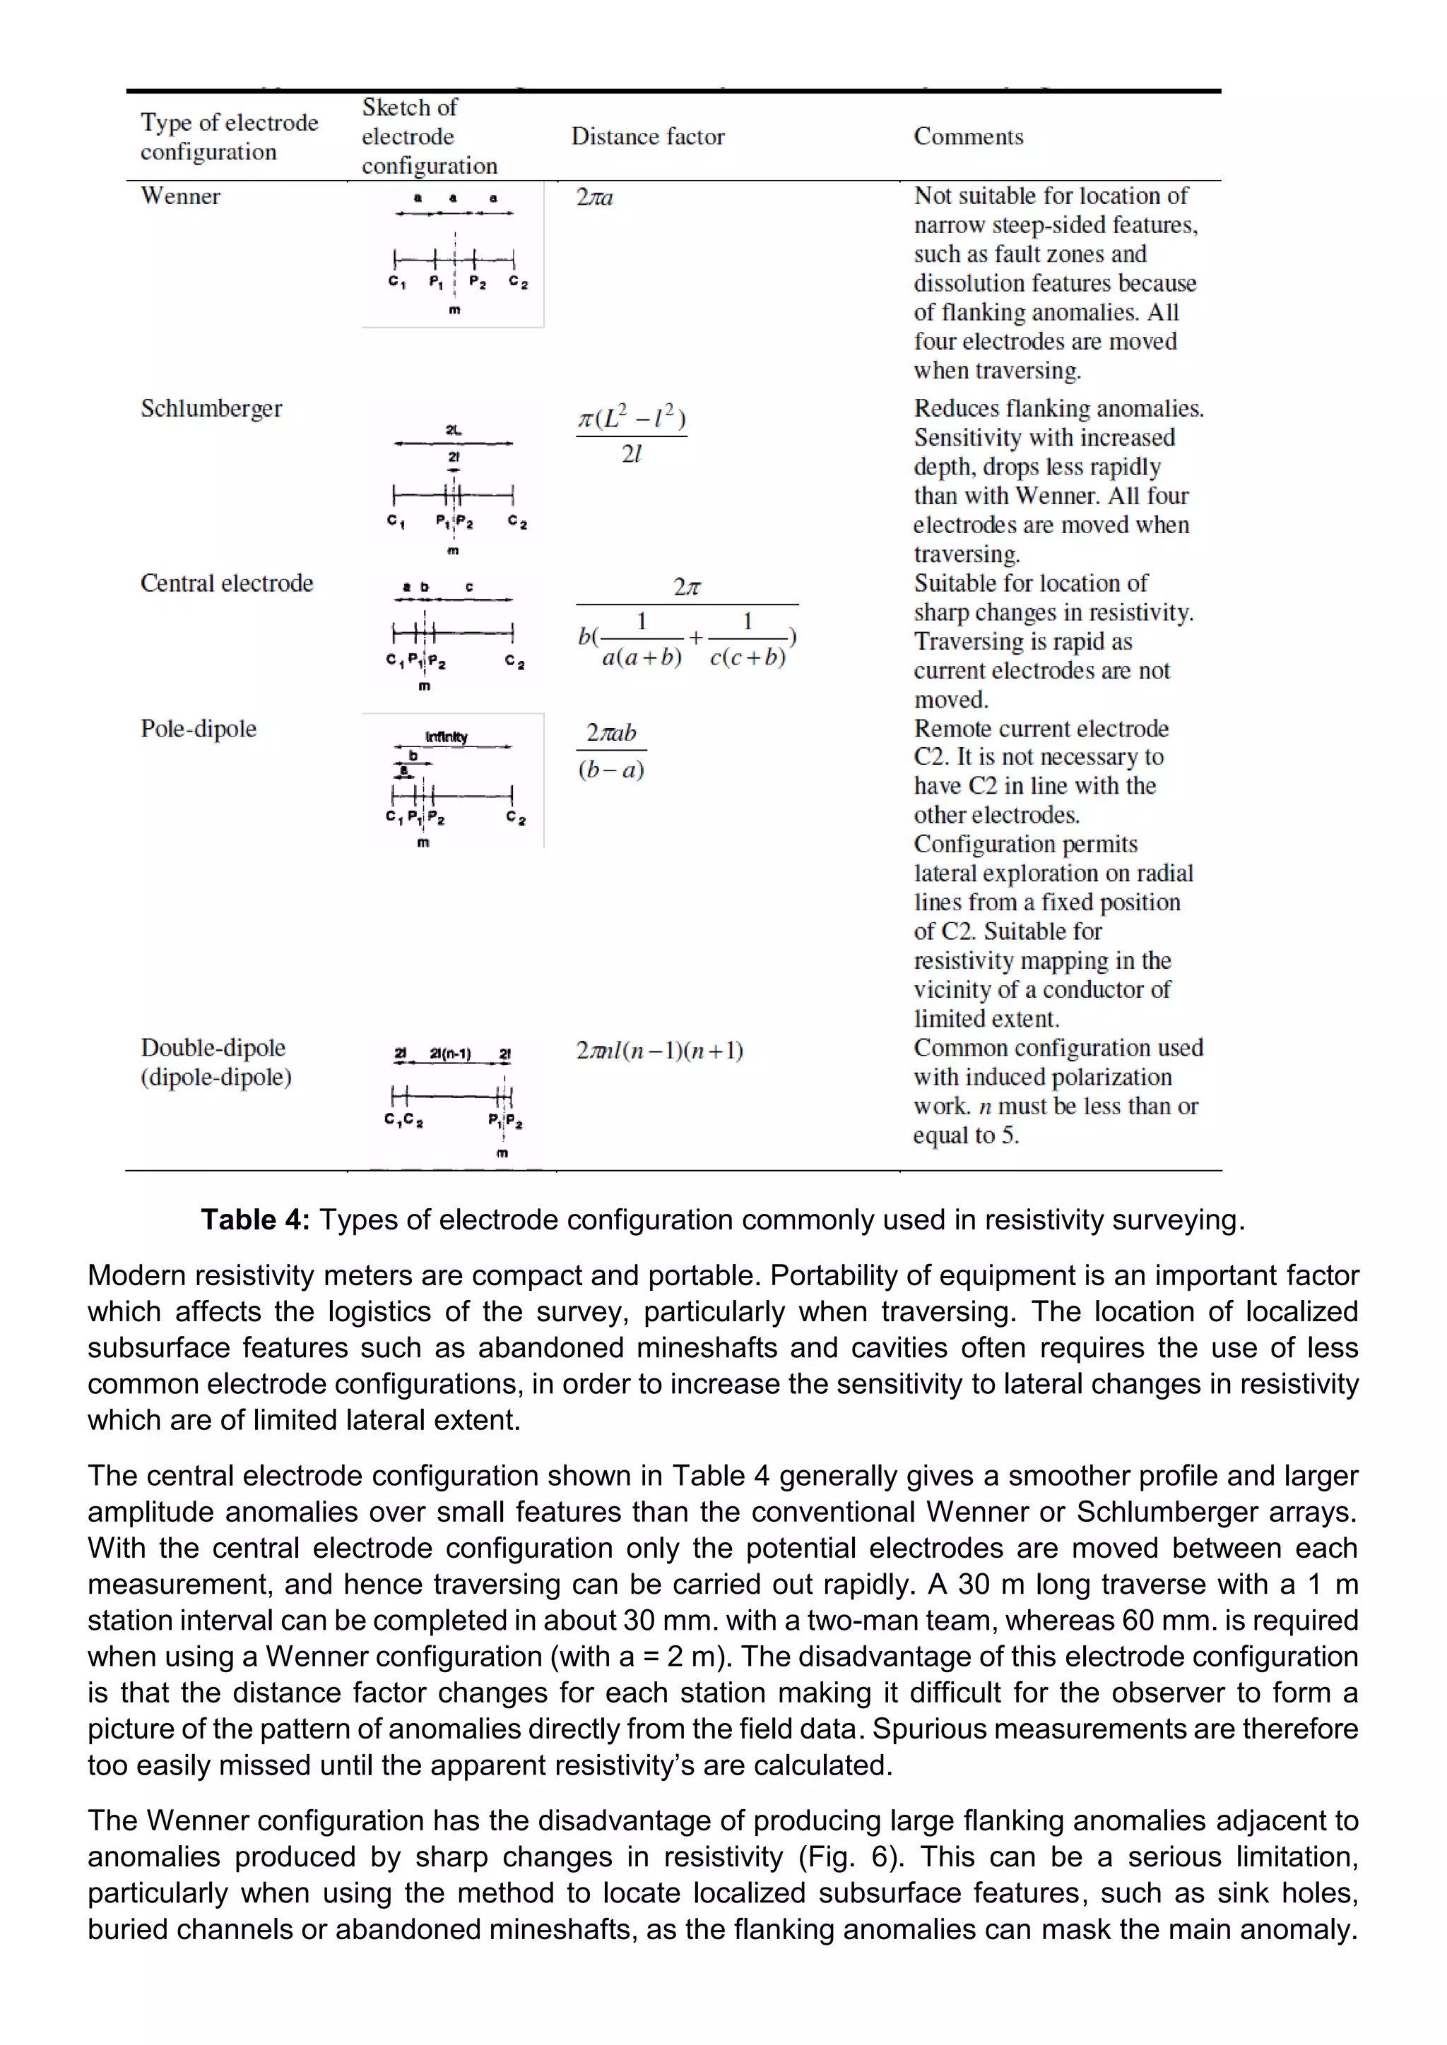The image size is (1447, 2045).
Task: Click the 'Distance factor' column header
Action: (x=648, y=136)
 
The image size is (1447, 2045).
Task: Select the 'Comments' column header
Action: (x=968, y=136)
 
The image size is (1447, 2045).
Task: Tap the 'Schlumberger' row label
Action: (x=211, y=408)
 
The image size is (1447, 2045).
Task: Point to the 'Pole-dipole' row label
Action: (x=198, y=729)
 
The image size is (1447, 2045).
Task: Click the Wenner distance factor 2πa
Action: (x=594, y=197)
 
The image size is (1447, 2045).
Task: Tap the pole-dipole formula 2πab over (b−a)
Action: (x=611, y=750)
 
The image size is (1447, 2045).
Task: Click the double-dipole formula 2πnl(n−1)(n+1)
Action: (x=659, y=1050)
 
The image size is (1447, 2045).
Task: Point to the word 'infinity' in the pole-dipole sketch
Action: (x=447, y=737)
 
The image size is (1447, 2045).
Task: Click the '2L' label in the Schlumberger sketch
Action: (x=454, y=430)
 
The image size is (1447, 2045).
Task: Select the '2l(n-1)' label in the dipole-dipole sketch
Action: (x=450, y=1054)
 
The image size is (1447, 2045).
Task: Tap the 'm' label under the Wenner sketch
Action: (x=454, y=310)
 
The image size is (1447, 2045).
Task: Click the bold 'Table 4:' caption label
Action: (x=255, y=1220)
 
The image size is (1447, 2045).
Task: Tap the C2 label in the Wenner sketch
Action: (x=518, y=282)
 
